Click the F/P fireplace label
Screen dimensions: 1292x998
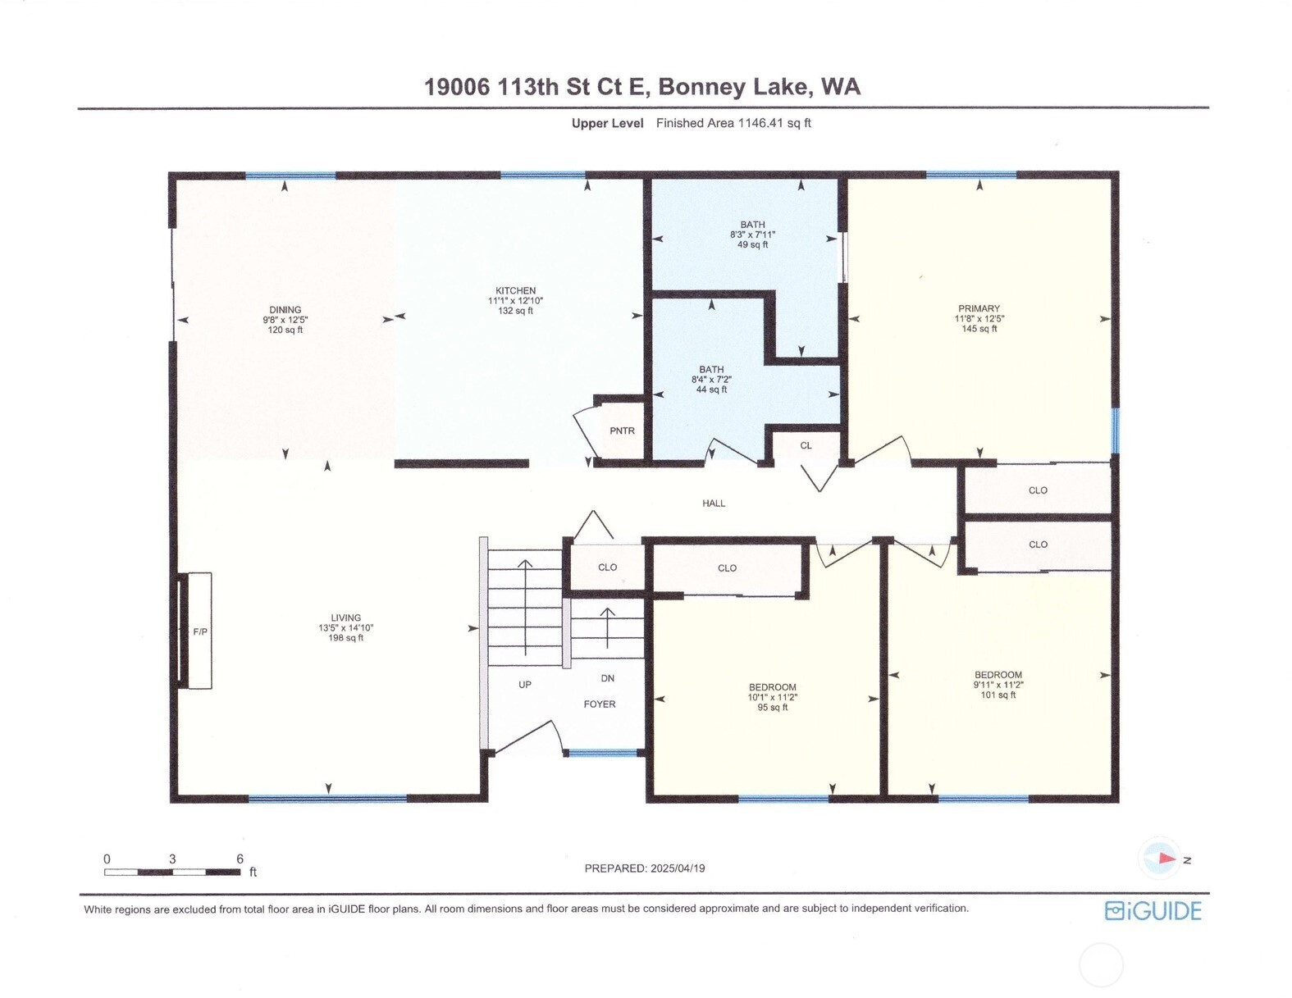tap(200, 632)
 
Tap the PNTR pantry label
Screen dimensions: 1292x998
tap(622, 431)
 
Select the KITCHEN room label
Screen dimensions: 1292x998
tap(515, 290)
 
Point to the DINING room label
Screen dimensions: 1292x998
tap(285, 310)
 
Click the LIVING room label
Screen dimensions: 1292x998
tap(346, 617)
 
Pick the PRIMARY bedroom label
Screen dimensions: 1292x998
tap(979, 308)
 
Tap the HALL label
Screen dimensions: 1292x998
tap(714, 504)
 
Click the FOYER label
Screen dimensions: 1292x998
tap(600, 704)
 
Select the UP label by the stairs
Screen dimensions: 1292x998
tap(524, 685)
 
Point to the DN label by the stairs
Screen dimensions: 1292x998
tap(608, 678)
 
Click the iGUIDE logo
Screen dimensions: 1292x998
tap(1153, 911)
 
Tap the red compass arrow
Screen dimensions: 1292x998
tap(1166, 859)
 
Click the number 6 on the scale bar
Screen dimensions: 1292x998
tap(240, 859)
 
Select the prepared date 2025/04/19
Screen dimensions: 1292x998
tap(678, 868)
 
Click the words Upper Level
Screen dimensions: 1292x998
tap(608, 124)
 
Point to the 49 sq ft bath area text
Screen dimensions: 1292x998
tap(753, 244)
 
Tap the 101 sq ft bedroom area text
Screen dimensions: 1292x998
tap(998, 695)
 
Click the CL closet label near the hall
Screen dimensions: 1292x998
tap(806, 446)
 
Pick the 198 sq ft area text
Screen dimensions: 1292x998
tap(346, 638)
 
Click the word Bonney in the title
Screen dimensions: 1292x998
tap(701, 87)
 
